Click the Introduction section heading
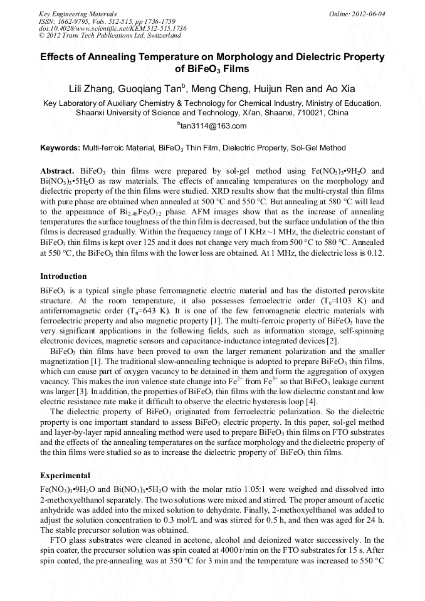(x=63, y=276)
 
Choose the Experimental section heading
(x=65, y=476)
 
